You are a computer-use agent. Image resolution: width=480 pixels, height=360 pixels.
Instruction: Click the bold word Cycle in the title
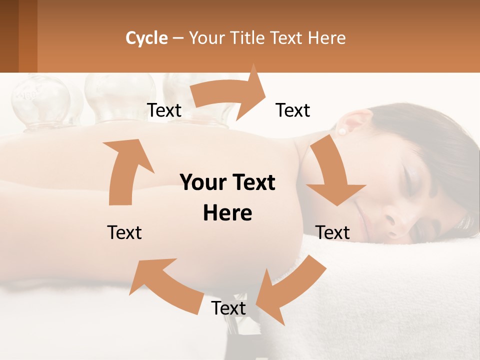click(x=146, y=38)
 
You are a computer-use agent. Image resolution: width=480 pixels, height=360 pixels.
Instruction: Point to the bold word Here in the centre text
click(x=227, y=213)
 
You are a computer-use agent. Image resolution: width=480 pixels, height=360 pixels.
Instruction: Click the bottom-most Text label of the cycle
click(x=228, y=308)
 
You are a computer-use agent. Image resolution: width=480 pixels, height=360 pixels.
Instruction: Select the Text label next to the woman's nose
click(x=333, y=232)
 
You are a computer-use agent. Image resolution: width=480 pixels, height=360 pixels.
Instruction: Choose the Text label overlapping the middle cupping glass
click(x=164, y=110)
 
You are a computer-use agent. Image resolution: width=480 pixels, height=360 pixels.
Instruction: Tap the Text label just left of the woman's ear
click(x=293, y=110)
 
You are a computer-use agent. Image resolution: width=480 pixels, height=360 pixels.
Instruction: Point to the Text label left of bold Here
click(x=124, y=232)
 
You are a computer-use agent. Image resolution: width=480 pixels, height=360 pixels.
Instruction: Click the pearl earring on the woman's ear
click(x=342, y=131)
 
